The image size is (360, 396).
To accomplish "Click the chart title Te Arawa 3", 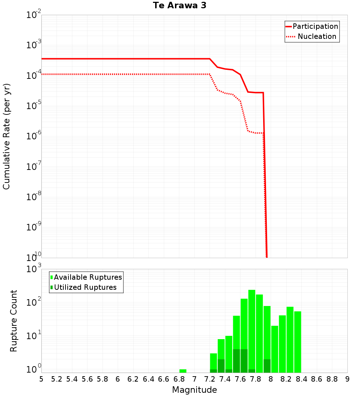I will [179, 6].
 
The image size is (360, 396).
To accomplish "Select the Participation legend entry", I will [312, 26].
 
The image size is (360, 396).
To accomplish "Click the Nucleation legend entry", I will [312, 36].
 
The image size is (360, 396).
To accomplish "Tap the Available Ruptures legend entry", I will [86, 277].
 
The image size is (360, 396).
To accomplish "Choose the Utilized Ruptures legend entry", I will [84, 287].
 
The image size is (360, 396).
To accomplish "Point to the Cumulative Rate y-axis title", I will [6, 136].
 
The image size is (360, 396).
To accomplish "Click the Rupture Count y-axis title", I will [14, 320].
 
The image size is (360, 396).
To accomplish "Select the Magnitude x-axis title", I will [194, 390].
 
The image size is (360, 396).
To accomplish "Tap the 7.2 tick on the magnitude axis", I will [210, 379].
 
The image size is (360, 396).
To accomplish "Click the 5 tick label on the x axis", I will [41, 379].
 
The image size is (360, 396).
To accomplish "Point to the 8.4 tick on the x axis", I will [302, 379].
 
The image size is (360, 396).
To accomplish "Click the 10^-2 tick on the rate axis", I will [34, 15].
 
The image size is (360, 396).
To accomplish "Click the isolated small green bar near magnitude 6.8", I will [183, 371].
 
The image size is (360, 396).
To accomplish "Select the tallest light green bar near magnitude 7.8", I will [252, 331].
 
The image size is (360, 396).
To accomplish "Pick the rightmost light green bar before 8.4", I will [298, 342].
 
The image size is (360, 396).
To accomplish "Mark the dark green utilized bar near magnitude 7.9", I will [267, 366].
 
